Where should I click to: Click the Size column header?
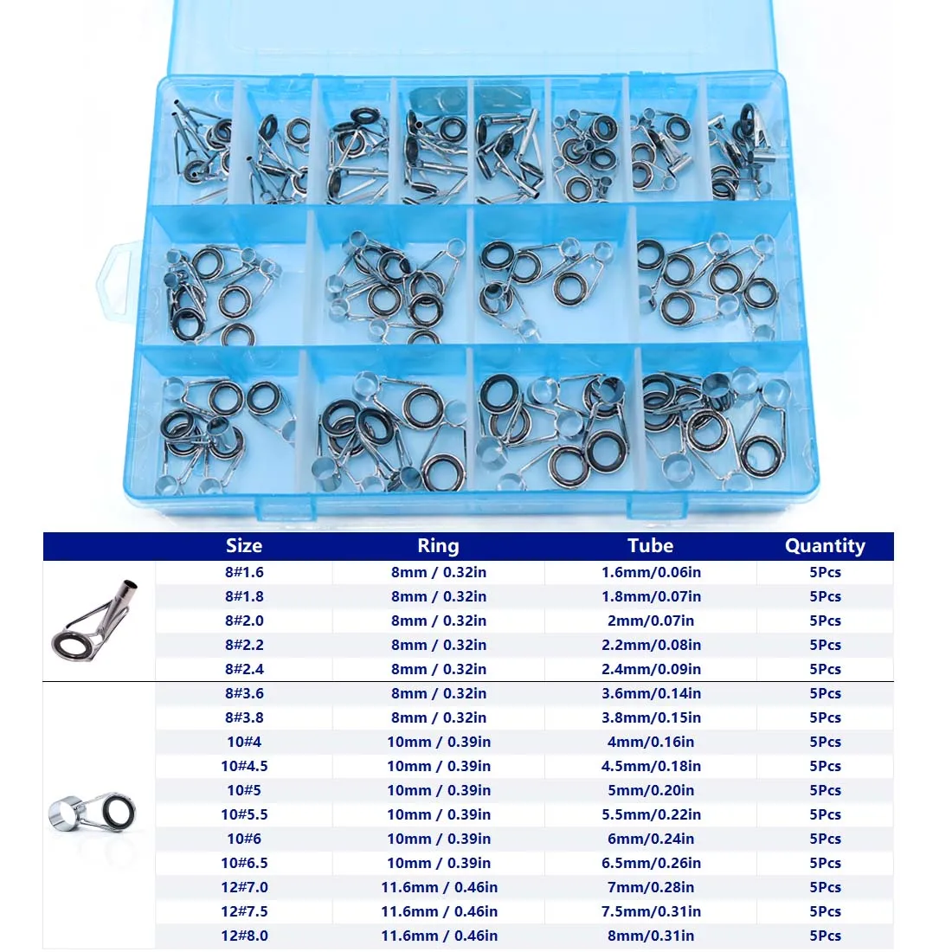click(x=243, y=546)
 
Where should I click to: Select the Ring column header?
click(x=438, y=546)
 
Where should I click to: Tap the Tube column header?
click(x=650, y=546)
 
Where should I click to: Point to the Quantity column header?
click(x=825, y=546)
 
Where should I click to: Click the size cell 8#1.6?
click(x=244, y=572)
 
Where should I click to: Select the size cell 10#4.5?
click(x=244, y=766)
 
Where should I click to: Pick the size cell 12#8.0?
click(x=244, y=936)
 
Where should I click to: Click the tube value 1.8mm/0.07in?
click(x=651, y=596)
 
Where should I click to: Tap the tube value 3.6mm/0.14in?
click(x=651, y=693)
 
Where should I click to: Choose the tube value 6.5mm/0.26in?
click(x=651, y=863)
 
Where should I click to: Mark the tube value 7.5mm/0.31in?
click(x=651, y=911)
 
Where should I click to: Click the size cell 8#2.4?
click(x=244, y=669)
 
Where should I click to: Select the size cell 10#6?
click(x=244, y=839)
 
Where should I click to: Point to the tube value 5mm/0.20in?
click(x=651, y=790)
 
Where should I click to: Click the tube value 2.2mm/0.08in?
click(x=651, y=645)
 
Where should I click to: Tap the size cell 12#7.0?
click(x=244, y=887)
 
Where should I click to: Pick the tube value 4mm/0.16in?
click(x=651, y=742)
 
